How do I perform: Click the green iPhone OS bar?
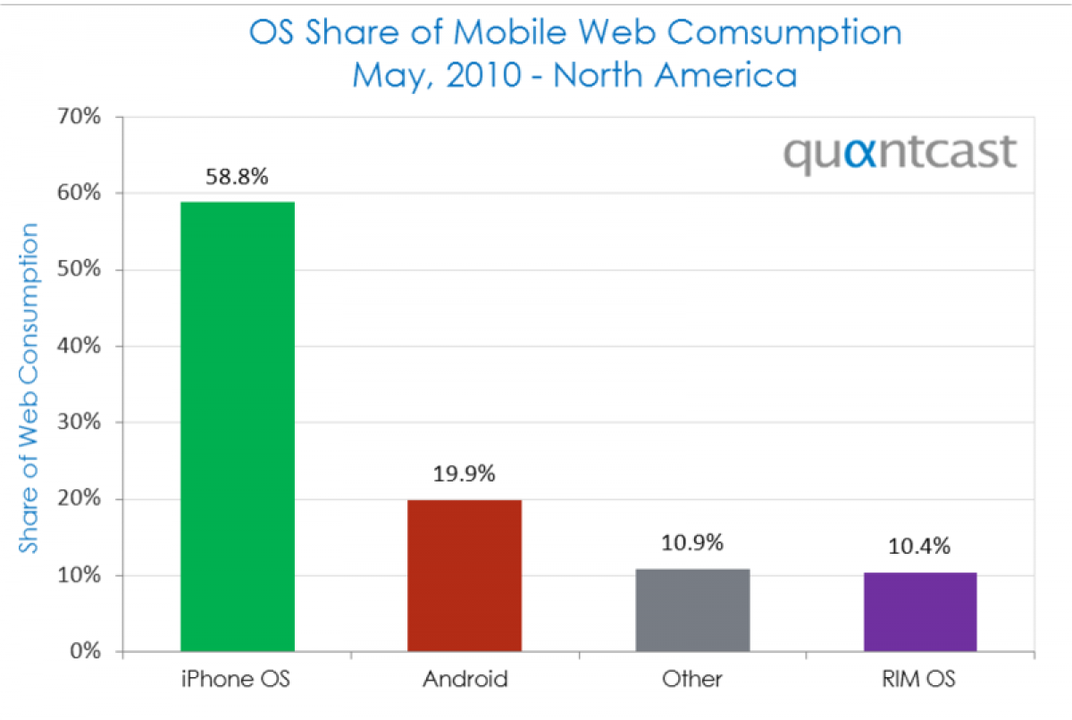(237, 427)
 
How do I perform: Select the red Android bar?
(465, 576)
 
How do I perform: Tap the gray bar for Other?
(692, 610)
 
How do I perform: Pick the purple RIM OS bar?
(920, 612)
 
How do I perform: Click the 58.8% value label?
(237, 177)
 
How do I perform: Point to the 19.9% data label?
(465, 475)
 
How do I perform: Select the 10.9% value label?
(692, 543)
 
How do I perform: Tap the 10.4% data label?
(920, 546)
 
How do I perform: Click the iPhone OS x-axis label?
(237, 679)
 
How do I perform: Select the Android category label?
(465, 679)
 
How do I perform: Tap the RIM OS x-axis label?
(920, 679)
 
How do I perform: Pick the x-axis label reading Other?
(692, 679)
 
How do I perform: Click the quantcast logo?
(900, 153)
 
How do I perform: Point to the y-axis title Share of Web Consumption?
(30, 388)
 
